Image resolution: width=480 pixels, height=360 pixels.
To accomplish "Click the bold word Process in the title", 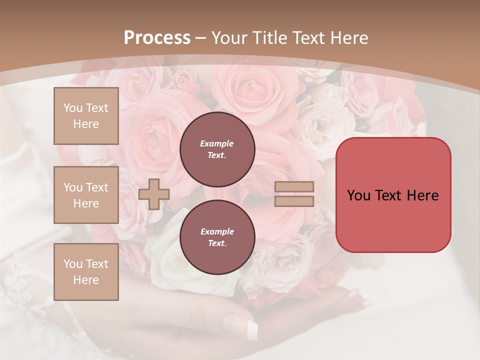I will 157,38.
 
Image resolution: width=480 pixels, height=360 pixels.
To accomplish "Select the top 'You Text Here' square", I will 86,116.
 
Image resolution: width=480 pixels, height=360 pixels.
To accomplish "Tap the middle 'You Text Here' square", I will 86,195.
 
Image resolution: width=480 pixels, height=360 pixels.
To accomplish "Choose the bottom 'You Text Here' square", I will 86,272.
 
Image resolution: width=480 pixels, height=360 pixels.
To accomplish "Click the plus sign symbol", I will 154,194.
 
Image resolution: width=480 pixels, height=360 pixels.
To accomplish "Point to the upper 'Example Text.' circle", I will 217,149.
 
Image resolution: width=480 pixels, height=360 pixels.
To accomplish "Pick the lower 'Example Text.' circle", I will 217,237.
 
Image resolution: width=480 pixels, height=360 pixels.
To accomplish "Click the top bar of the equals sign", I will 294,187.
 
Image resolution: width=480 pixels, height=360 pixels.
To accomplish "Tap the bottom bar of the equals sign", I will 294,201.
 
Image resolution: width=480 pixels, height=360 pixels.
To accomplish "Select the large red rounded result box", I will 393,195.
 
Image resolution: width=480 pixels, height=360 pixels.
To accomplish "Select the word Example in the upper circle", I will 216,144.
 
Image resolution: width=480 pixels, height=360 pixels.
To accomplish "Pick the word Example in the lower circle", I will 217,232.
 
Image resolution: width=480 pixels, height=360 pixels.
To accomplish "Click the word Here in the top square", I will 86,124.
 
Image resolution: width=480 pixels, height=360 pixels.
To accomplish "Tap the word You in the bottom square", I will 72,264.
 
